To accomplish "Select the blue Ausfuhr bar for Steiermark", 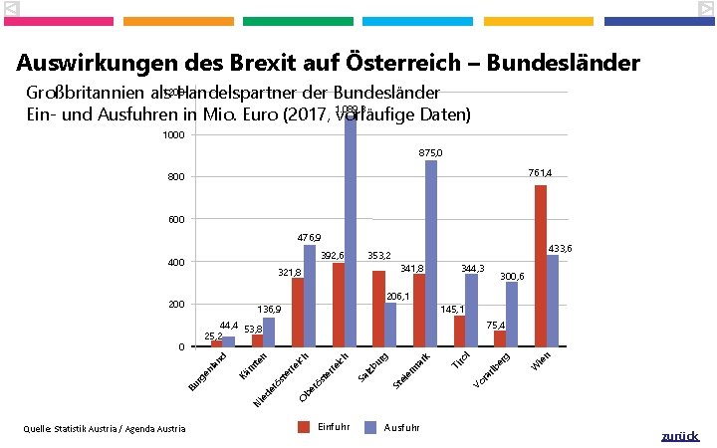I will [x=431, y=253].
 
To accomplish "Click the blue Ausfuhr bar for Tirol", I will [x=471, y=310].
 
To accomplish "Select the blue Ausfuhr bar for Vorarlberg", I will [x=512, y=314].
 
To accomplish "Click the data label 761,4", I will [x=541, y=173].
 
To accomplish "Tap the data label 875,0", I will [x=431, y=152].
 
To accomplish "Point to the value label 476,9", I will [x=309, y=238].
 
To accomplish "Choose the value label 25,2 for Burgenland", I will [x=213, y=335].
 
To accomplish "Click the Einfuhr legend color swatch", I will [x=306, y=427].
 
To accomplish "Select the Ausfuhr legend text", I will [x=401, y=427].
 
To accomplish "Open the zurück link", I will [x=680, y=436].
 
